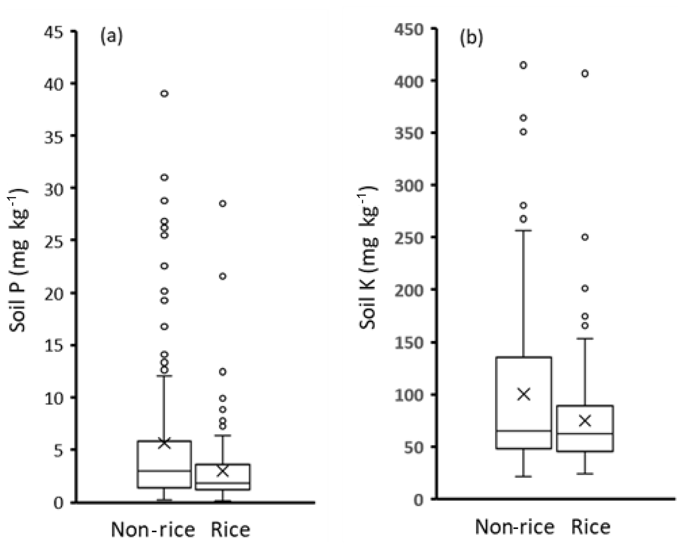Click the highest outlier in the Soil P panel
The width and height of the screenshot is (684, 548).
164,94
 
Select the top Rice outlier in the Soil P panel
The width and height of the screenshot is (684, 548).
223,203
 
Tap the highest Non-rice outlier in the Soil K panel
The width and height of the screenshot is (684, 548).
523,65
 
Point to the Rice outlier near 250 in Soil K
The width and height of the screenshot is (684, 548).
585,237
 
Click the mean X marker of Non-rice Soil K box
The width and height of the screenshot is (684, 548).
524,394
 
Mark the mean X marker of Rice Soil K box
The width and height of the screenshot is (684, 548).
585,421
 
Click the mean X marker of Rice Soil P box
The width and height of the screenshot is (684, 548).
223,471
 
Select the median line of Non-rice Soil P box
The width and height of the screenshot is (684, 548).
164,471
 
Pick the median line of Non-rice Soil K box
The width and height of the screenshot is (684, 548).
524,431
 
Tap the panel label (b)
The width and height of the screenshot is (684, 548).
471,38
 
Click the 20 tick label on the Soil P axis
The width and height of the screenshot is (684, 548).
54,293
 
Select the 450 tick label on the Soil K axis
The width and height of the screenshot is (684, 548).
409,30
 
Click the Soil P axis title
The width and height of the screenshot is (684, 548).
18,261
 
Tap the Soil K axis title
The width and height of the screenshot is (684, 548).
368,258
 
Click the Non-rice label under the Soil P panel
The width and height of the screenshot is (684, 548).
153,530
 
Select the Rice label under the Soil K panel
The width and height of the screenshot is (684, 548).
591,527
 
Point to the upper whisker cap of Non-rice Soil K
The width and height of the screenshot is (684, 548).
524,230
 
